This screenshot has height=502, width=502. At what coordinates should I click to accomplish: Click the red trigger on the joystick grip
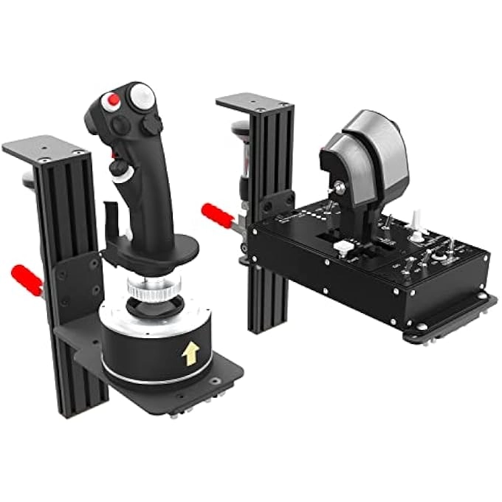pos(115,154)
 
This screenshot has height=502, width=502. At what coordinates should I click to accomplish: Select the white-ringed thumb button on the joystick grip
pos(119,171)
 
